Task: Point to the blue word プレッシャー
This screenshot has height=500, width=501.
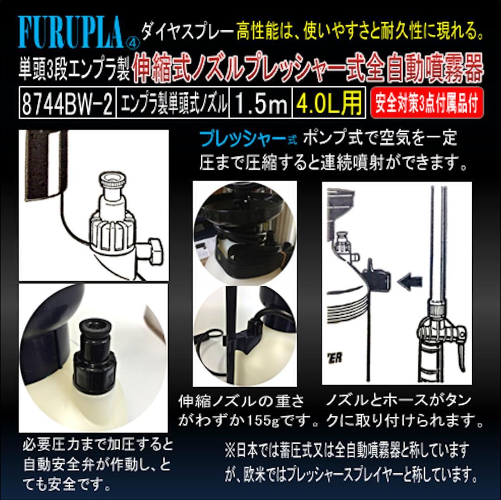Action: click(x=237, y=138)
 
